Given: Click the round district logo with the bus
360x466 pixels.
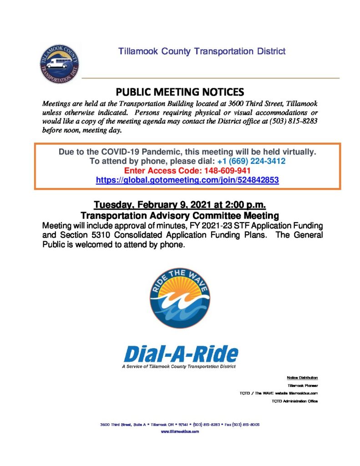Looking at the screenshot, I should (59, 64).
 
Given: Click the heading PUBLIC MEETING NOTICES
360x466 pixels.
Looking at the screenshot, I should (180, 91).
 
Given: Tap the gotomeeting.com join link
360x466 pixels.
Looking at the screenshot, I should (187, 180).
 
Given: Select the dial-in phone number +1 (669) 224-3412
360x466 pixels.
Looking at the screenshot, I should (251, 161).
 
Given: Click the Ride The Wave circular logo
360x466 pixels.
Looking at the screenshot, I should (180, 298).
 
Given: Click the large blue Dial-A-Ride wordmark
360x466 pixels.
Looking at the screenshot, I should (181, 353).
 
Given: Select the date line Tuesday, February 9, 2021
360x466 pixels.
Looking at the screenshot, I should (180, 204).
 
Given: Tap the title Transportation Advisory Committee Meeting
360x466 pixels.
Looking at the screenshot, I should (180, 214).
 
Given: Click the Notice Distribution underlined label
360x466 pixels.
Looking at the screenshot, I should (302, 378).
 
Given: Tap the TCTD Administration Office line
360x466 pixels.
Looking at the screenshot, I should (294, 401).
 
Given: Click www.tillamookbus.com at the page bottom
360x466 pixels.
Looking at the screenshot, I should (180, 431).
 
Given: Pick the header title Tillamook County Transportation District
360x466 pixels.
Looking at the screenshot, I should (202, 51).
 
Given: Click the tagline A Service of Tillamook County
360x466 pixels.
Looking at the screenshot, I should (180, 366).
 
